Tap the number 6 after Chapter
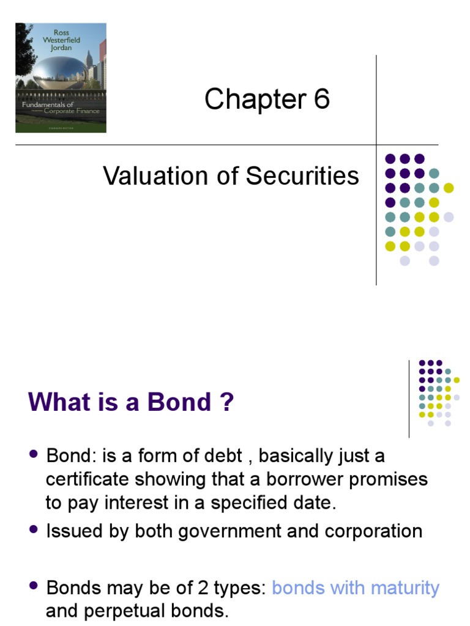click(321, 99)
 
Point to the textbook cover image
click(61, 78)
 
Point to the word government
click(229, 531)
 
